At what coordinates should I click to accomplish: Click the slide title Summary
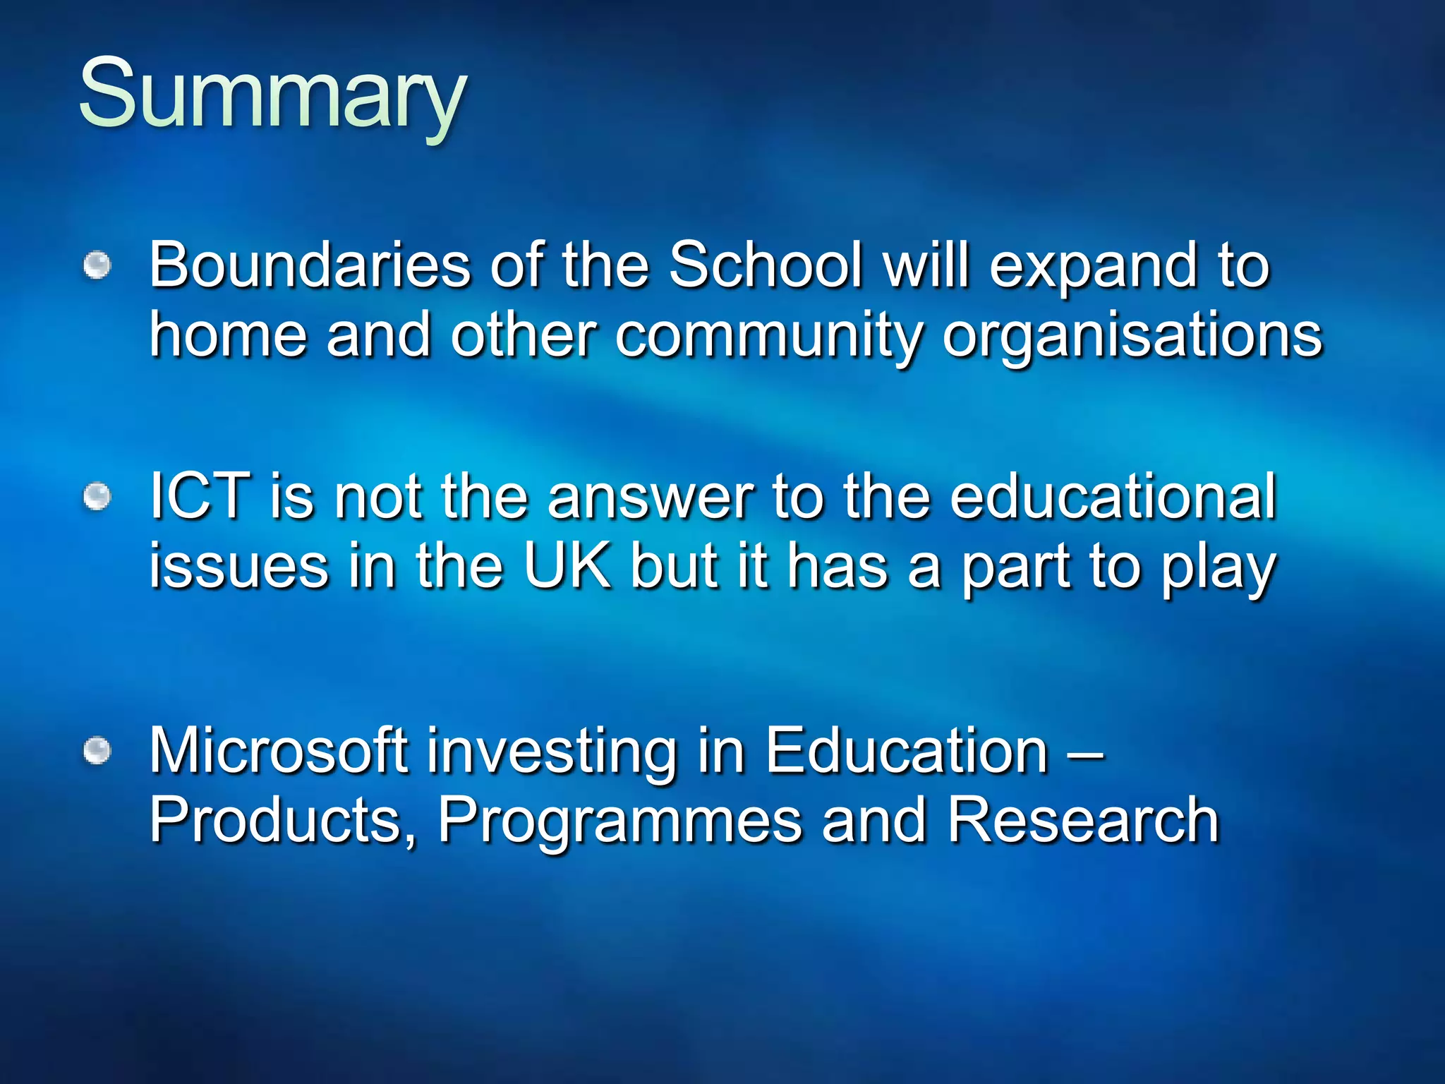pos(272,95)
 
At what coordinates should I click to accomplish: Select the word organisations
pos(1132,337)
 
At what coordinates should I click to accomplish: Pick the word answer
pos(650,498)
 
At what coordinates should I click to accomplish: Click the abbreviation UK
pos(567,566)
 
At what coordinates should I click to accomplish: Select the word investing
pos(551,752)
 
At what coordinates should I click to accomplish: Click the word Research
pos(1082,820)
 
